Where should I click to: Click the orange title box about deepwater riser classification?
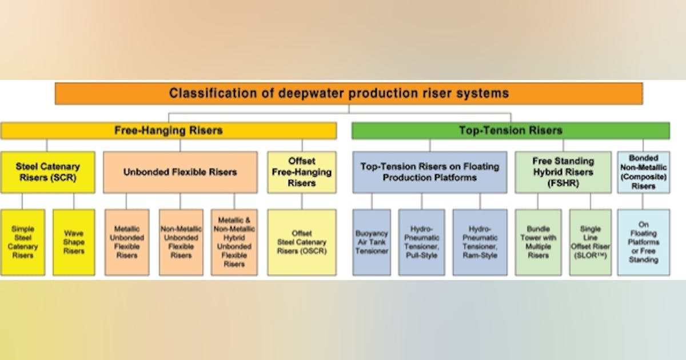(x=349, y=93)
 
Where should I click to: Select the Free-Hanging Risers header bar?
(x=169, y=130)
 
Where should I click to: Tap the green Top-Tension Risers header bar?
(x=510, y=130)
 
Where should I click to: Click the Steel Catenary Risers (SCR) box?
(x=48, y=171)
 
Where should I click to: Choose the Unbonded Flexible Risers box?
(x=180, y=171)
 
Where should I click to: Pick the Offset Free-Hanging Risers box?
(x=302, y=171)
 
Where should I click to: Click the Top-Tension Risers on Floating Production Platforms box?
(x=429, y=171)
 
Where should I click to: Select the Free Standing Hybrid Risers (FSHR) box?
(x=563, y=171)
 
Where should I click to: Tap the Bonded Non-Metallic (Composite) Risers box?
(x=644, y=171)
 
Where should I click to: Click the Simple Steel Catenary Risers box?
(x=23, y=242)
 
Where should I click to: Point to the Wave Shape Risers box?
(x=74, y=242)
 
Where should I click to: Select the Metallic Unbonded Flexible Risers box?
(x=127, y=242)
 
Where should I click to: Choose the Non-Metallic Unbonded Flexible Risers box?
(x=181, y=242)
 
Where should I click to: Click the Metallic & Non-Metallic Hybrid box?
(x=234, y=242)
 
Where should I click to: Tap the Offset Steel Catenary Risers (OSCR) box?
(x=302, y=242)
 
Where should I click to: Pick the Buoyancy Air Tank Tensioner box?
(x=372, y=242)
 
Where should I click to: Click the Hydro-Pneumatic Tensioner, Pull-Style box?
(x=421, y=242)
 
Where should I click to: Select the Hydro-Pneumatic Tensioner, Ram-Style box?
(x=480, y=242)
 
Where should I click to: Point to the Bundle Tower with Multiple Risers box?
(x=538, y=242)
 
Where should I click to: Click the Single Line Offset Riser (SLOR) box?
(x=590, y=242)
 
